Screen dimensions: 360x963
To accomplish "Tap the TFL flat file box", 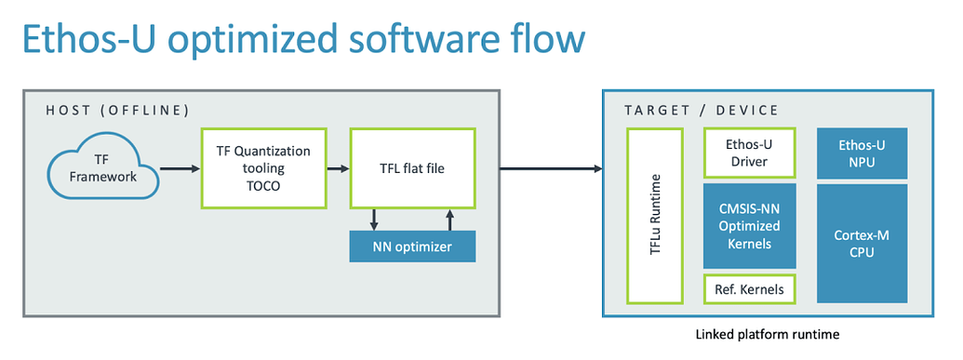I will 412,168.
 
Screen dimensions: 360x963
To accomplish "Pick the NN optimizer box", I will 412,247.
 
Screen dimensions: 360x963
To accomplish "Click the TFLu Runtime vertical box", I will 655,216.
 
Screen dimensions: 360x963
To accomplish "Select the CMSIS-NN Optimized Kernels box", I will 749,225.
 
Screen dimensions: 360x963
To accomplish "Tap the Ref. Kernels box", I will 749,289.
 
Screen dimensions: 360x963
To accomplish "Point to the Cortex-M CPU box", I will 862,243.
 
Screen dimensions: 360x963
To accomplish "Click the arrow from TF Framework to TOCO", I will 179,168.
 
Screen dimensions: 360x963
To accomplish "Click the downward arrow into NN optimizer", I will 374,220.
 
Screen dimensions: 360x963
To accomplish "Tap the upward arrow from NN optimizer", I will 450,220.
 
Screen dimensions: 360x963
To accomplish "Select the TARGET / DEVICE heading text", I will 702,111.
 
